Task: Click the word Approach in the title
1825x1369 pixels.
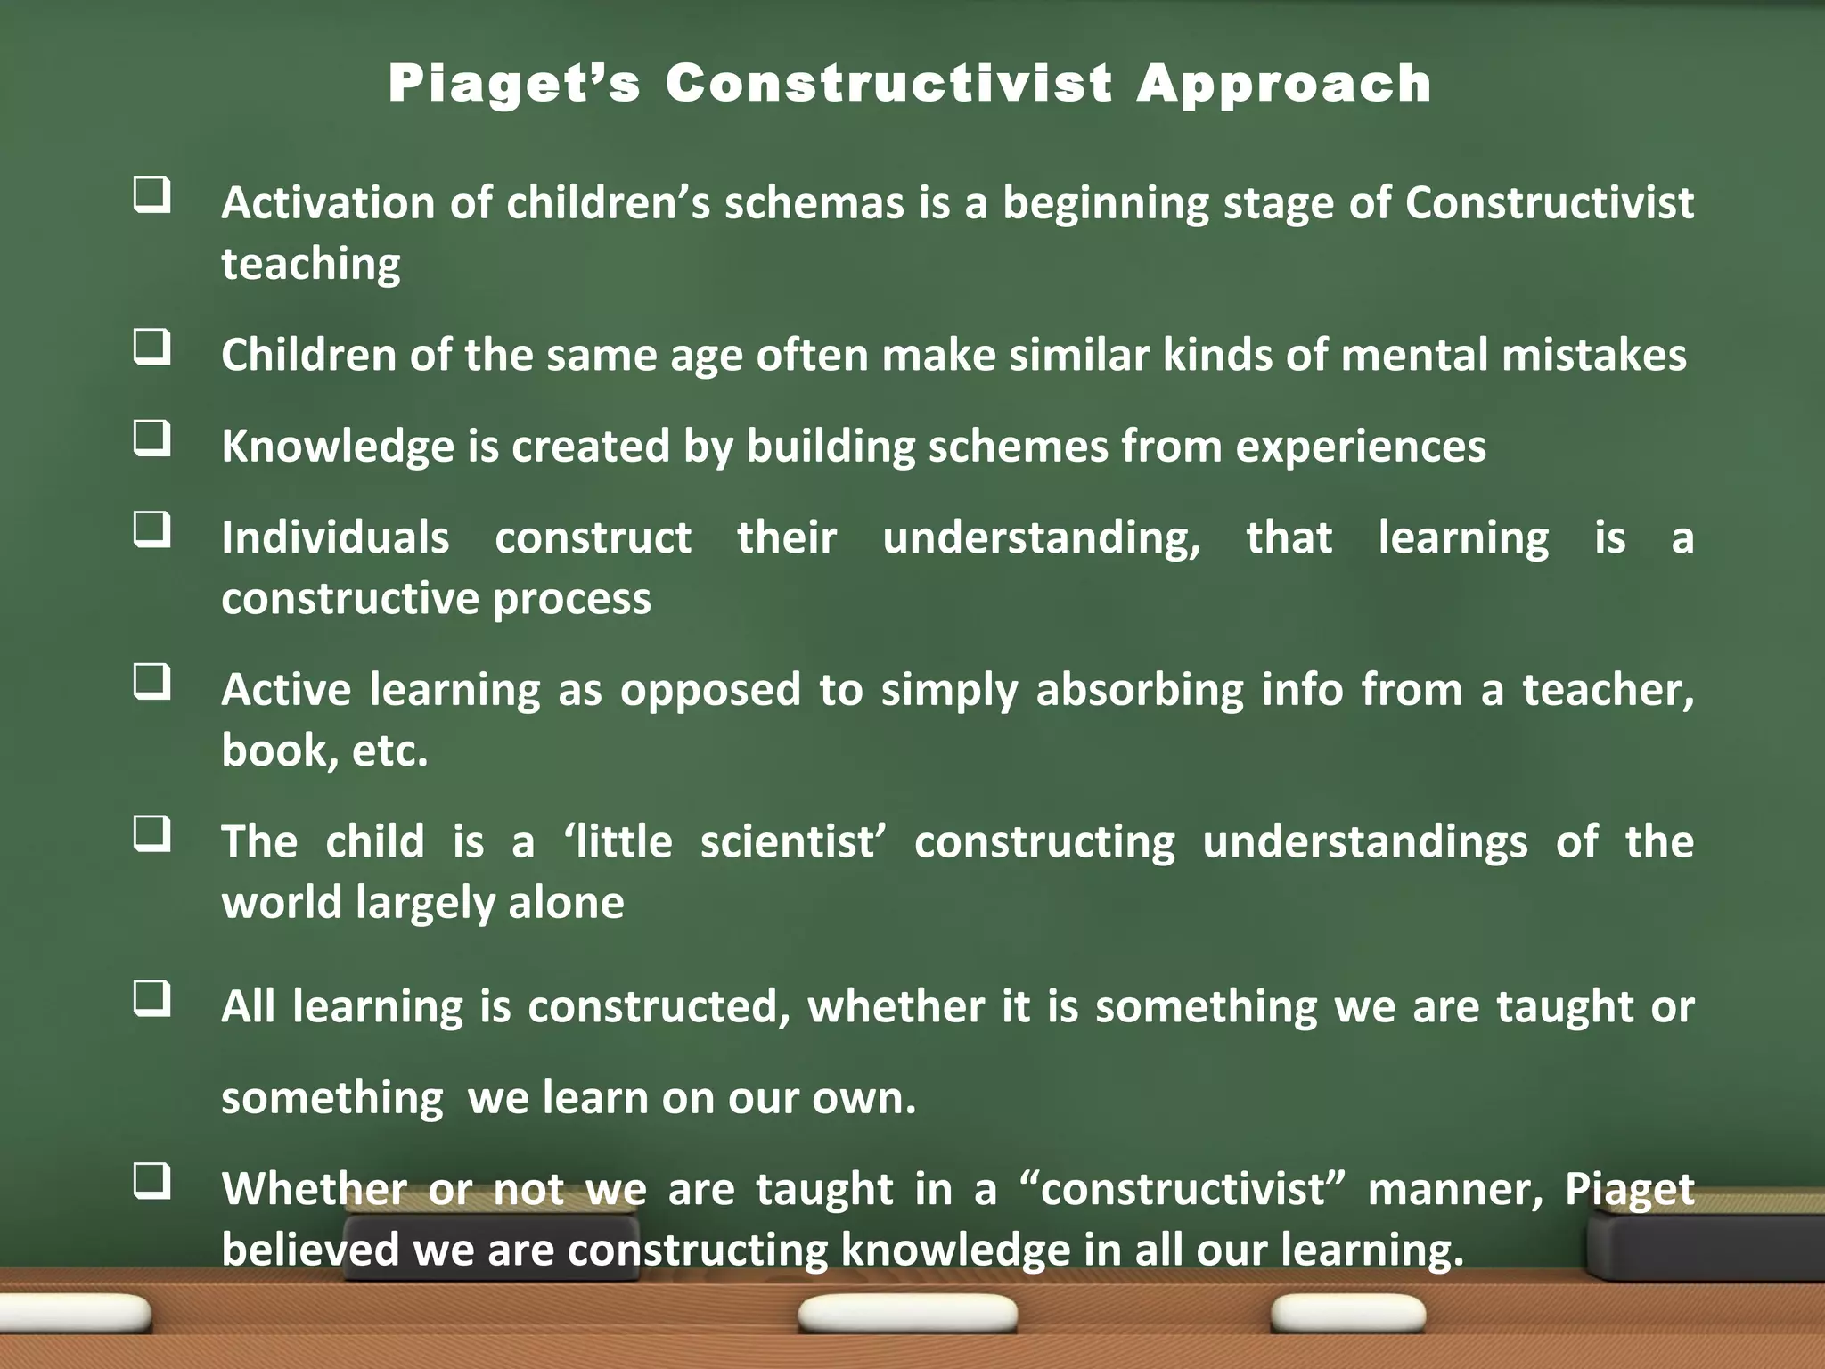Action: click(1283, 86)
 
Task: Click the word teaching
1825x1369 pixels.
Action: click(311, 265)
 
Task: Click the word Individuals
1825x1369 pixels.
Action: click(335, 537)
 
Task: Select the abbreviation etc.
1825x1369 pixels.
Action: click(389, 750)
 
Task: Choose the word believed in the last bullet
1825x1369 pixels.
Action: click(309, 1250)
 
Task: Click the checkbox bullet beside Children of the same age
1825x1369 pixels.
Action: click(152, 347)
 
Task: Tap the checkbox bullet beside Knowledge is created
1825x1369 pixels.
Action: click(152, 438)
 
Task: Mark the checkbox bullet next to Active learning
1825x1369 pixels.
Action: click(152, 682)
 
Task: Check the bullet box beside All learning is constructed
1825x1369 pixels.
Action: click(152, 998)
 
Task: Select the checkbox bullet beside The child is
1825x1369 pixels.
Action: click(152, 834)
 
